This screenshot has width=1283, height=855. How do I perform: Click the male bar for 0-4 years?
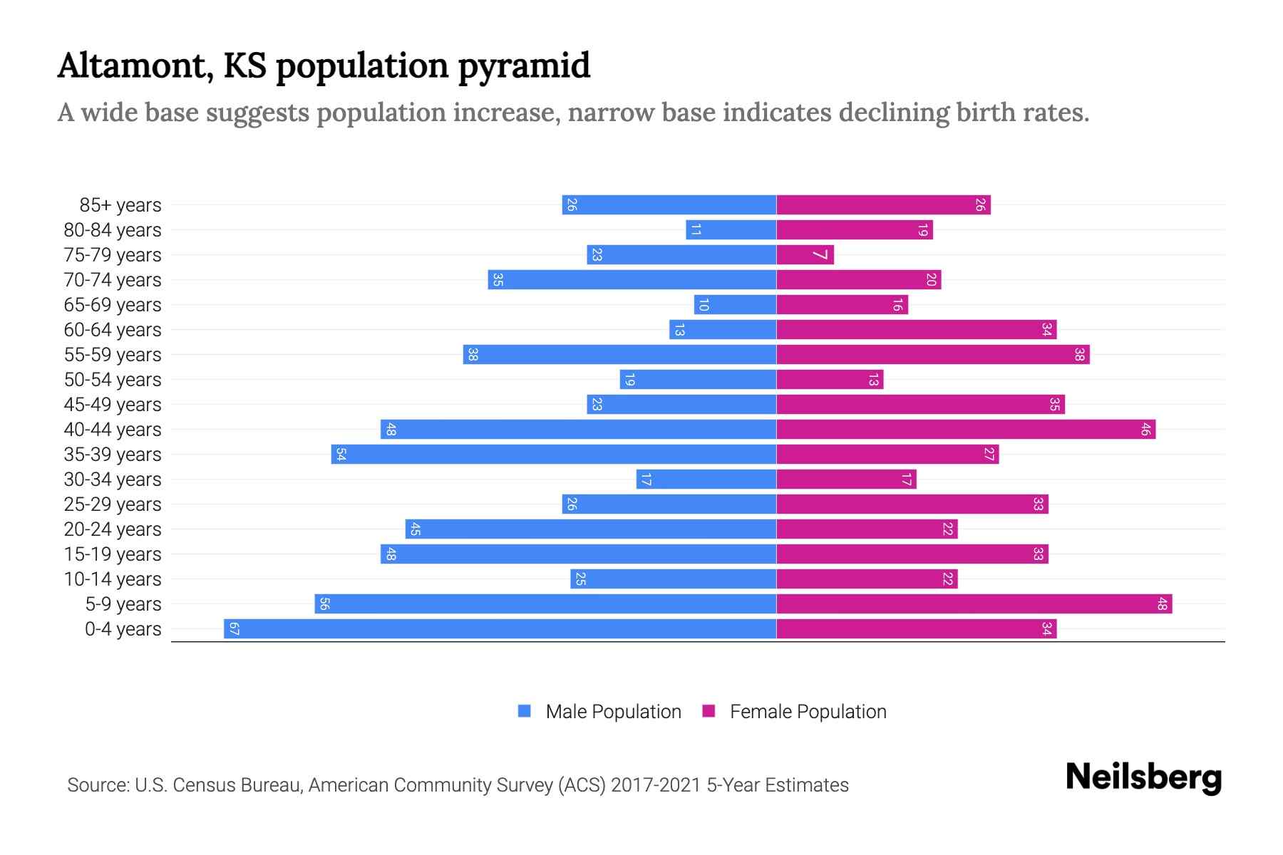point(499,629)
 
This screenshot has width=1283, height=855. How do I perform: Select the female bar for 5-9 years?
point(974,604)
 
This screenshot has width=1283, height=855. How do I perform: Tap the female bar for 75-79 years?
point(804,255)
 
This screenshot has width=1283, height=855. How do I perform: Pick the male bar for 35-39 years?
point(553,455)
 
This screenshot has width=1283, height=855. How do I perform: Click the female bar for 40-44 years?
point(965,430)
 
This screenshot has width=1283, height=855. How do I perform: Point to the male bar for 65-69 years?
point(735,305)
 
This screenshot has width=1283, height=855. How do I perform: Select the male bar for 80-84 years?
point(731,230)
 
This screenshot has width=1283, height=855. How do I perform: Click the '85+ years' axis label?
point(120,205)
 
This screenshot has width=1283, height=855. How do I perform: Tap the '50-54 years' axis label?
point(113,380)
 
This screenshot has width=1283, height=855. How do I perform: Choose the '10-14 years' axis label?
point(113,579)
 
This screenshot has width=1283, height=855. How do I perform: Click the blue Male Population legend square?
point(525,711)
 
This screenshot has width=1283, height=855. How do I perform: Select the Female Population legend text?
point(808,712)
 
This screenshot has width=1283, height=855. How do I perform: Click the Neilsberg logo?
point(1143,777)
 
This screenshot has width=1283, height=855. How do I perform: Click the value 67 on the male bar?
point(234,629)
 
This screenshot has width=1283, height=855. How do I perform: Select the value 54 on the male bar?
point(341,455)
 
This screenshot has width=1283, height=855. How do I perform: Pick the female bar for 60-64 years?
point(916,330)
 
